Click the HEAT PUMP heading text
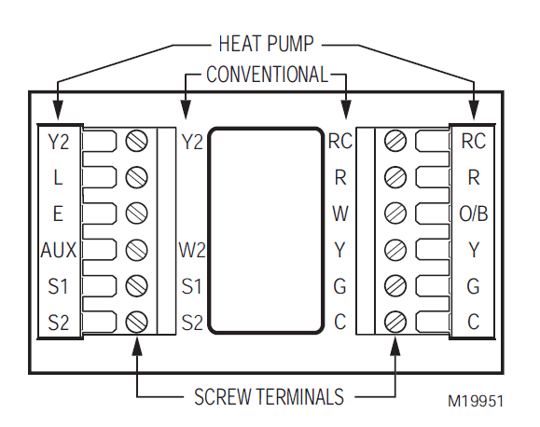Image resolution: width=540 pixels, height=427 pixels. pyautogui.click(x=266, y=43)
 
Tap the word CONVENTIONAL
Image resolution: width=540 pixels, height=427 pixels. pyautogui.click(x=267, y=74)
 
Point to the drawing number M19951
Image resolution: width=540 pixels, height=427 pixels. pyautogui.click(x=476, y=401)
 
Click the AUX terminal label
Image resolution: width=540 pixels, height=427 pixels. pyautogui.click(x=58, y=250)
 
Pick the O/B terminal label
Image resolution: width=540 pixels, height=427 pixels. pyautogui.click(x=474, y=213)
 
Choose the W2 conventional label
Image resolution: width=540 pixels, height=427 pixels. pyautogui.click(x=192, y=250)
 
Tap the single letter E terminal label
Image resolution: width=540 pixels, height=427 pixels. pyautogui.click(x=58, y=213)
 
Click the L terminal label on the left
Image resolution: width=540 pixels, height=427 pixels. pyautogui.click(x=58, y=177)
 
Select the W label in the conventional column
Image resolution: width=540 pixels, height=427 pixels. pyautogui.click(x=340, y=213)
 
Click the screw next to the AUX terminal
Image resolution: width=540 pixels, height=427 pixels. pyautogui.click(x=137, y=250)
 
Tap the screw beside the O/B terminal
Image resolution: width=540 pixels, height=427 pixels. pyautogui.click(x=395, y=213)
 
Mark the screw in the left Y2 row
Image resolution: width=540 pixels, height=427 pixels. pyautogui.click(x=137, y=141)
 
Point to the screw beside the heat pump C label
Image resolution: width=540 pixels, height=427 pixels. pyautogui.click(x=395, y=322)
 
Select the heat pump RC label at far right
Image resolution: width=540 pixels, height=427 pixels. pyautogui.click(x=474, y=141)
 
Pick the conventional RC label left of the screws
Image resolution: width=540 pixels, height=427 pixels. pyautogui.click(x=339, y=141)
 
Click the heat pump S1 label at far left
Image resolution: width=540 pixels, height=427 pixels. pyautogui.click(x=58, y=286)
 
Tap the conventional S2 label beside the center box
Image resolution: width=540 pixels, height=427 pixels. pyautogui.click(x=192, y=322)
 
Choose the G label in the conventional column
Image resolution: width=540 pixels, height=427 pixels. pyautogui.click(x=340, y=286)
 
